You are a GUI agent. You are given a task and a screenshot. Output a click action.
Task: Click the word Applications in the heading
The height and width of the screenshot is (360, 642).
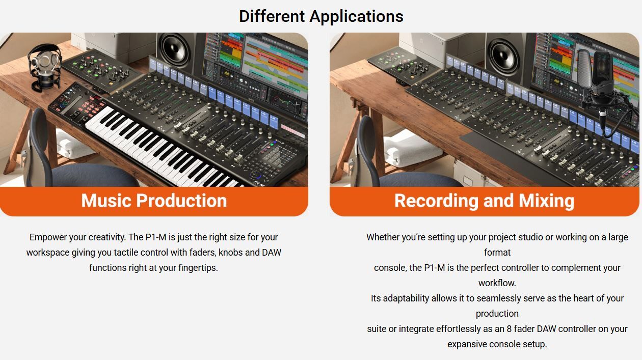coord(357,17)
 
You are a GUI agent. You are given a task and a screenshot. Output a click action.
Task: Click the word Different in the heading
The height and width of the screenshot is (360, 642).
coord(272,16)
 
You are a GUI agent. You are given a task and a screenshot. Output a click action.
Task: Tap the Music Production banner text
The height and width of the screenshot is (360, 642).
coord(154,201)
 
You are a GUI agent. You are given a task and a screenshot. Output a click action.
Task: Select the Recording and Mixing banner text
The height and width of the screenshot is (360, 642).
coord(485,201)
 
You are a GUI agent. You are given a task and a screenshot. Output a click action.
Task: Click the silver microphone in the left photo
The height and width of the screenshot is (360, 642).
coord(44,66)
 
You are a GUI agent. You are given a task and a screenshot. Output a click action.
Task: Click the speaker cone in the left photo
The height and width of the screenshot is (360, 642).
coord(175,50)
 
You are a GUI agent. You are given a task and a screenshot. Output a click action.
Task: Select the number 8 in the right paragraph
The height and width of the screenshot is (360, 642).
coord(509,329)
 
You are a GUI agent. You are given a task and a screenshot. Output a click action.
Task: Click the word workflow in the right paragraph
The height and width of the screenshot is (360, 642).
coord(496,283)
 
